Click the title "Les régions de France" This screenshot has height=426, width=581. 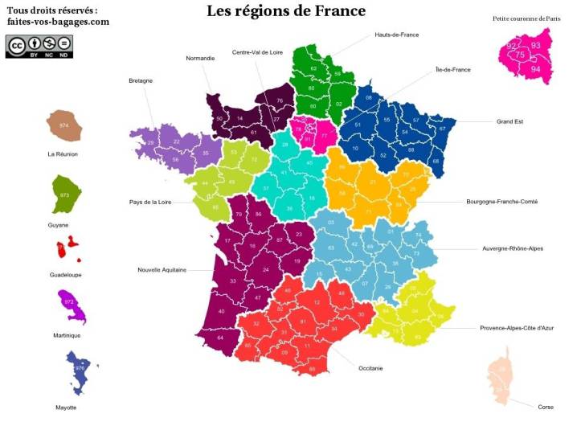coord(285,11)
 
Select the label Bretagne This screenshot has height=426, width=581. coord(141,80)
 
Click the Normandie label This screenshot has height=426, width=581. coord(200,59)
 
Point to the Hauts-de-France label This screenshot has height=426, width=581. coord(396,35)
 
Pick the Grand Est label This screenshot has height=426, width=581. coord(509,121)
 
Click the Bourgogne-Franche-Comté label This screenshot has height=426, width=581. coord(501,202)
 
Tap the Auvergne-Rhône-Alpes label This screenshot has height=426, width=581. coord(512,248)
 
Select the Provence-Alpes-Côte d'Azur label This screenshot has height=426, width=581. coord(517,328)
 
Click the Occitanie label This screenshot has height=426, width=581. coord(370,368)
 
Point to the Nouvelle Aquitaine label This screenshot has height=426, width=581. coord(162,270)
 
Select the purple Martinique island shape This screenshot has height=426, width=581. coord(71,305)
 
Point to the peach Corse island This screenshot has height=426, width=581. coord(500,375)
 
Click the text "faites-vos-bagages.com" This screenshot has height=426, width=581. coord(58,22)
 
